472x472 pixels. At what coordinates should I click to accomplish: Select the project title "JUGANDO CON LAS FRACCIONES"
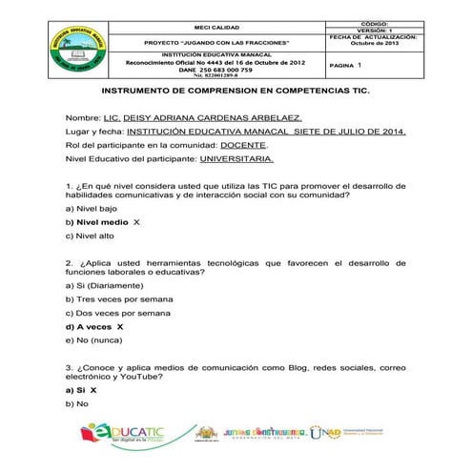215,44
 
